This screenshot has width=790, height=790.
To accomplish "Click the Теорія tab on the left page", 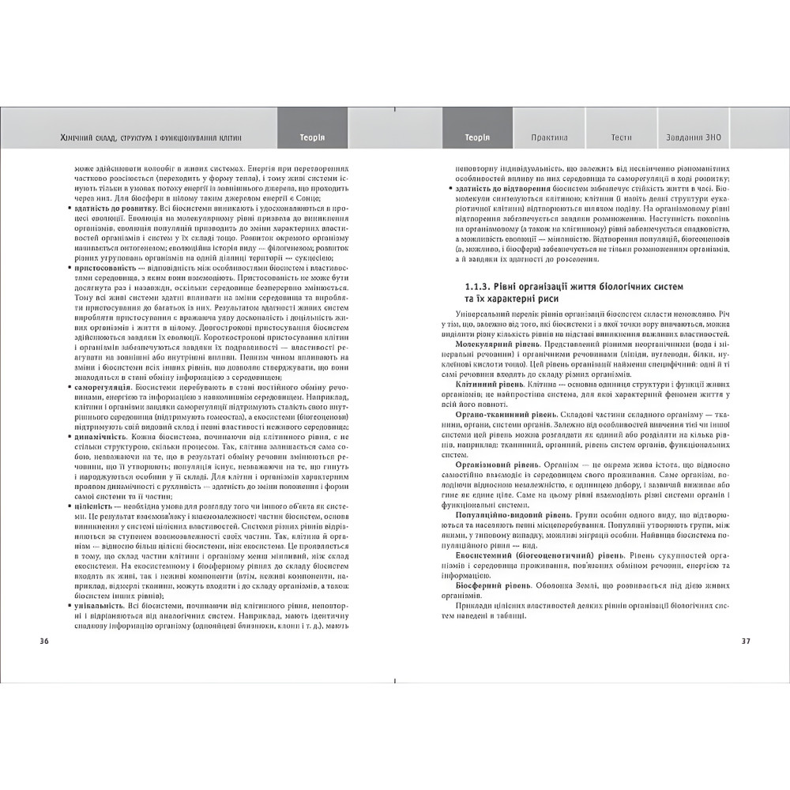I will pyautogui.click(x=312, y=137).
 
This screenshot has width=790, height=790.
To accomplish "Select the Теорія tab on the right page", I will pyautogui.click(x=477, y=137).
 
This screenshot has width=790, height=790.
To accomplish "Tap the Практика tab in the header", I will pyautogui.click(x=549, y=137).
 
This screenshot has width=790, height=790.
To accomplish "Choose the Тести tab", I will pyautogui.click(x=621, y=137).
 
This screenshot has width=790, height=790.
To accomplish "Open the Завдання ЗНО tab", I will pyautogui.click(x=694, y=137).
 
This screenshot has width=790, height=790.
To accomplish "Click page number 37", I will pyautogui.click(x=746, y=641).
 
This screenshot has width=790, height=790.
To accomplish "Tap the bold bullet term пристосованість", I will pyautogui.click(x=103, y=268).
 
